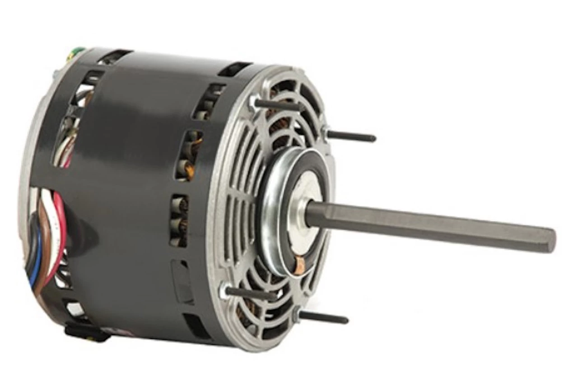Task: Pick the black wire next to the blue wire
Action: click(x=30, y=244)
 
